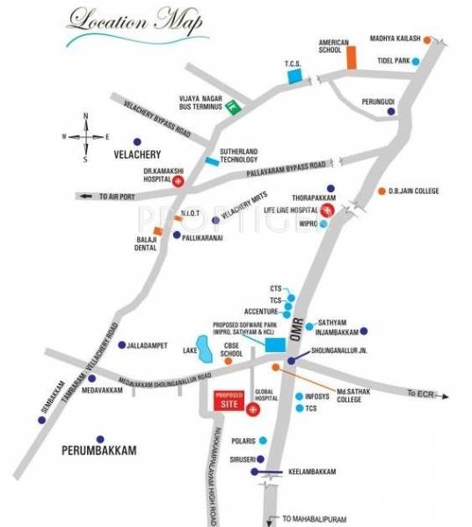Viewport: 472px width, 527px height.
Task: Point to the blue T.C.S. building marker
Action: tap(294, 77)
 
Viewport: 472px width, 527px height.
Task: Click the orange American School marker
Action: tap(351, 56)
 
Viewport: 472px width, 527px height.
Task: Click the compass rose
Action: tap(85, 136)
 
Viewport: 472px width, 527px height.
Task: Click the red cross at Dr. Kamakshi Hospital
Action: tap(179, 181)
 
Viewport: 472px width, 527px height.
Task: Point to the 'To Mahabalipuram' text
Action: tap(314, 517)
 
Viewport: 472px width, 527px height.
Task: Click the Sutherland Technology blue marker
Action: tap(212, 162)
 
